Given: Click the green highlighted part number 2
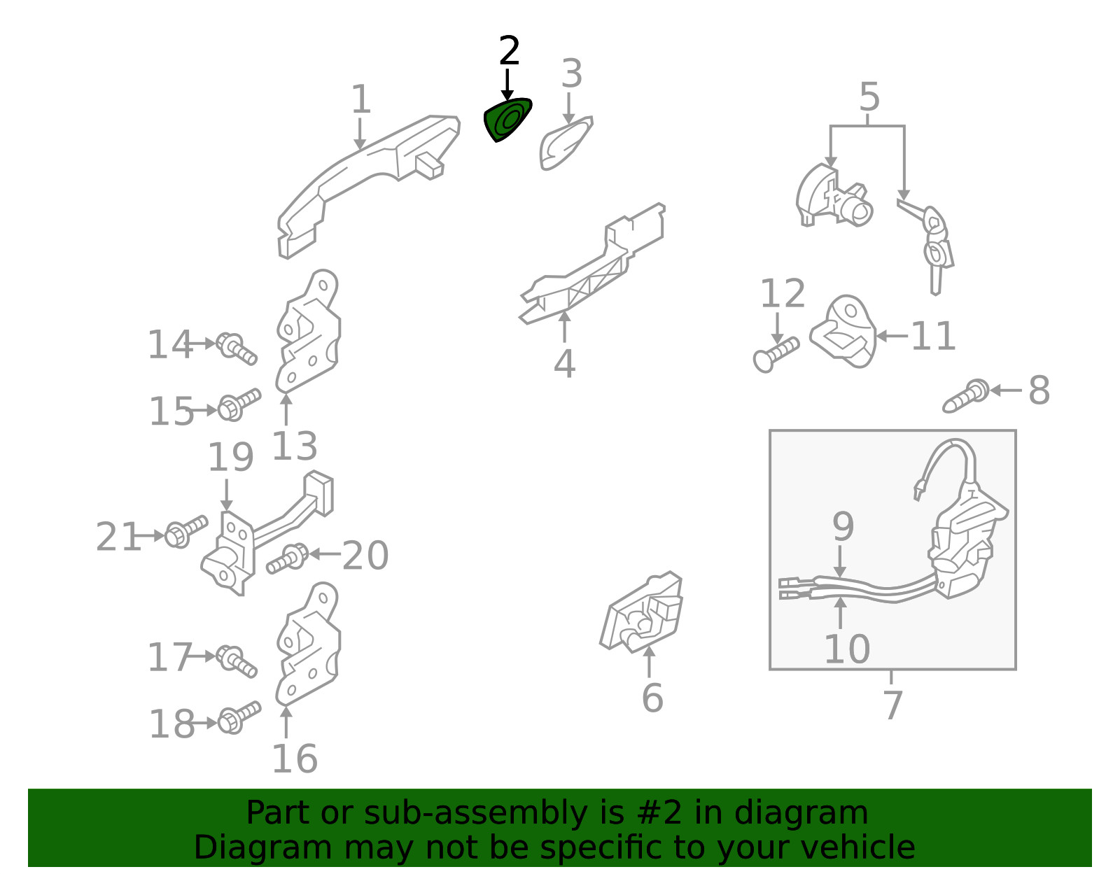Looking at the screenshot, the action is (x=507, y=120).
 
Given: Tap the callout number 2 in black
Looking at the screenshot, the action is (x=509, y=51).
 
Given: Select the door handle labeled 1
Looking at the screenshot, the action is (x=368, y=185).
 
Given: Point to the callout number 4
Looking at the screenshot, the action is (x=564, y=364).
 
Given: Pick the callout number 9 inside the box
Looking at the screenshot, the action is (x=843, y=526).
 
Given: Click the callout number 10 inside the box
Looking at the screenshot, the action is (x=847, y=649).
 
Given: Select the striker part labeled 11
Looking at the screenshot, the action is (x=843, y=331).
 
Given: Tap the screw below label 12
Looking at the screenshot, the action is (x=776, y=354).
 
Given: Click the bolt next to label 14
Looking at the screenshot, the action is (x=236, y=348).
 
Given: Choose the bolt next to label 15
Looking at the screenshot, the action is (x=239, y=404).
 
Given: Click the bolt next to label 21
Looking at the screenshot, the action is (x=185, y=532).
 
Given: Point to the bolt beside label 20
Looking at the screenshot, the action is (x=288, y=558).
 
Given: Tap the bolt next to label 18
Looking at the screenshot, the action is (x=239, y=717).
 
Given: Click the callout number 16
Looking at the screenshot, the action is (x=294, y=759).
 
